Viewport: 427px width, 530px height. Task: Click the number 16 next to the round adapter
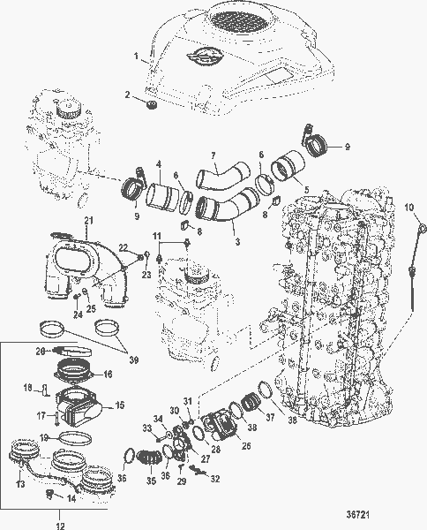[x=119, y=374]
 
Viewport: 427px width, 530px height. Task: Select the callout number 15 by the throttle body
[x=119, y=407]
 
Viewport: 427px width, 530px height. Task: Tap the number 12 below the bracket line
[x=61, y=525]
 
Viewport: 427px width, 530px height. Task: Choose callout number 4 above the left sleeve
[x=159, y=163]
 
